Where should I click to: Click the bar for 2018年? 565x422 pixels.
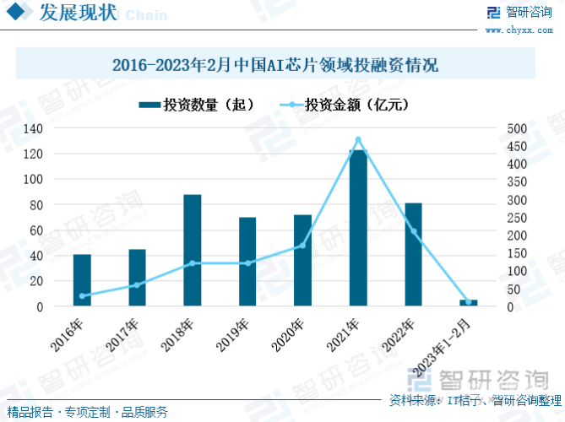[x=193, y=251]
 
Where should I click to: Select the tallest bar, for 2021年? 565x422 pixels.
[x=358, y=228]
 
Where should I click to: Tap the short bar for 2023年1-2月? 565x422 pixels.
[x=469, y=303]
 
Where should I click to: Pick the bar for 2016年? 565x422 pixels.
[x=82, y=280]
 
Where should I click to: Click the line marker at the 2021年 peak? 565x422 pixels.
[x=358, y=140]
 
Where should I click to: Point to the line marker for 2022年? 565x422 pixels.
[x=414, y=231]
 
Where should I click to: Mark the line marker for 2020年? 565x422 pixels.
[x=303, y=246]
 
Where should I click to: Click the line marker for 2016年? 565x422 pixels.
[x=82, y=296]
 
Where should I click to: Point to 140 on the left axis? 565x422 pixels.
[x=33, y=128]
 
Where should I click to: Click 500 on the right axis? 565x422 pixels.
[x=517, y=128]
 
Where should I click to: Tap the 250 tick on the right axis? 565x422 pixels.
[x=517, y=218]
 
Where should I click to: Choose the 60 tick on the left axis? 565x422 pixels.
[x=36, y=230]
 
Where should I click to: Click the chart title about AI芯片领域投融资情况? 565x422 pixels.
[x=275, y=65]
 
